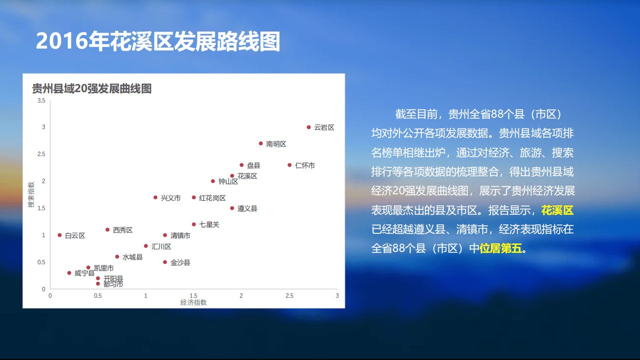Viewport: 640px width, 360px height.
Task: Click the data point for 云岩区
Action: (x=309, y=127)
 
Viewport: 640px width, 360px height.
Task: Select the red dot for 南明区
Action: (x=261, y=143)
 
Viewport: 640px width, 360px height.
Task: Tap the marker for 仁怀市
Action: (x=289, y=165)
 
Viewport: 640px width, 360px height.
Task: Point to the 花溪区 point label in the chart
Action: (x=247, y=176)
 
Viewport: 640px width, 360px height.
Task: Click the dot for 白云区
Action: (x=60, y=235)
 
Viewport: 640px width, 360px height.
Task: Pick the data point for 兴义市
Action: (x=156, y=198)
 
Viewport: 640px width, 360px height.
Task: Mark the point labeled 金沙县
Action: (x=165, y=262)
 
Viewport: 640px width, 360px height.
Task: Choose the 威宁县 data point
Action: (x=69, y=273)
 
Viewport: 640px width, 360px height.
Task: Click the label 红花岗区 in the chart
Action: (x=212, y=198)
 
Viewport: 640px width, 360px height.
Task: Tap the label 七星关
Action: (x=209, y=225)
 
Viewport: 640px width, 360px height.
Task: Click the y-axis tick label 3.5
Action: (x=42, y=101)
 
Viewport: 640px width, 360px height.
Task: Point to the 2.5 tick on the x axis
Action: (x=289, y=296)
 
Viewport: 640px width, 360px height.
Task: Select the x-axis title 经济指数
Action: (x=194, y=302)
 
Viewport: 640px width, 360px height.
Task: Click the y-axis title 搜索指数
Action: (x=31, y=195)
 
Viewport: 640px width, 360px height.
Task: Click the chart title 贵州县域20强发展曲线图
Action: (x=92, y=89)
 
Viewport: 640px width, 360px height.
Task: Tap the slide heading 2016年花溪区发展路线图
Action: (x=158, y=42)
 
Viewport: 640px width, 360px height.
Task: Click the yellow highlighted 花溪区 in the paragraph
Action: (x=557, y=210)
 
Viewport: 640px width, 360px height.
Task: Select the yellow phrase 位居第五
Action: (x=500, y=248)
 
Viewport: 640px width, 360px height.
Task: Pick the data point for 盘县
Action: (x=242, y=165)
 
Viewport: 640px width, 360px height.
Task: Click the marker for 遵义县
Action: (x=232, y=208)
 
